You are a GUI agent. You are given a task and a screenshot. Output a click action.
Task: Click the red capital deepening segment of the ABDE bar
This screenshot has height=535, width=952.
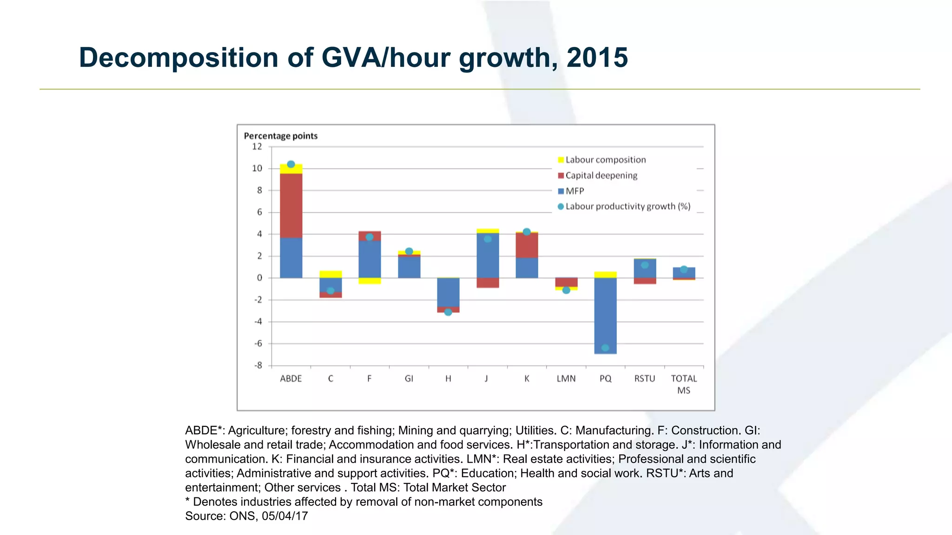pos(291,205)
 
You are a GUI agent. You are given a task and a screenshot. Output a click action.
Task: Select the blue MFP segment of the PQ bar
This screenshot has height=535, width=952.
pos(605,316)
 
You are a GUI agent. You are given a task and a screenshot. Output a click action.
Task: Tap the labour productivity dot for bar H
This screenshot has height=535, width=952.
pos(448,312)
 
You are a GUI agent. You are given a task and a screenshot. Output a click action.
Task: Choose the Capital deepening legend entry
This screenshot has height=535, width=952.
pos(601,176)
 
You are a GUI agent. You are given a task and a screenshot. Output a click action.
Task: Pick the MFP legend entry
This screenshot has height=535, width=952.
pos(575,191)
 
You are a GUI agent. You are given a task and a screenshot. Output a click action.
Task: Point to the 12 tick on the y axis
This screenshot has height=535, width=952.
pos(257,147)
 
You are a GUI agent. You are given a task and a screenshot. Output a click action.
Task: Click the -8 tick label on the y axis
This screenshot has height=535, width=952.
pos(258,365)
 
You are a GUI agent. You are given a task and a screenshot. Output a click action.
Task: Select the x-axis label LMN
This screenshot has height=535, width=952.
pos(566,378)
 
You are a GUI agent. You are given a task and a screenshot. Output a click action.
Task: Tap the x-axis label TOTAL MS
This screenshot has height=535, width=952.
pos(684,384)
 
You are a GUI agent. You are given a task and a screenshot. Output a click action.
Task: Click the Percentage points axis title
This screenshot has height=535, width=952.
pos(281,136)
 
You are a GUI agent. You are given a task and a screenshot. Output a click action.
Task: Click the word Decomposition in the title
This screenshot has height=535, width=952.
pos(178,58)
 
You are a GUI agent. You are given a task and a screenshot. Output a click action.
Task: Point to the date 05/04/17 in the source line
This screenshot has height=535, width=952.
pos(284,516)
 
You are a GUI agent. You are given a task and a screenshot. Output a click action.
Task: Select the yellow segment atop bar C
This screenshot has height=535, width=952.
pos(331,274)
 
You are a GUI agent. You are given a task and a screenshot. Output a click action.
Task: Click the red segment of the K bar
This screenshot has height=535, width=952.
pos(527,245)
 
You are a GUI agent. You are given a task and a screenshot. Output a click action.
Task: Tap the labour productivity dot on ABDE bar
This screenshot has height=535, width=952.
pos(291,164)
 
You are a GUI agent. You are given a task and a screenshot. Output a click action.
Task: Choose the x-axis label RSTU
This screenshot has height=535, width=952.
pos(645,378)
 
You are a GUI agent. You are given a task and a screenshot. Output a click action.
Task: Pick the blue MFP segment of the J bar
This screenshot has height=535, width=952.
pos(488,255)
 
